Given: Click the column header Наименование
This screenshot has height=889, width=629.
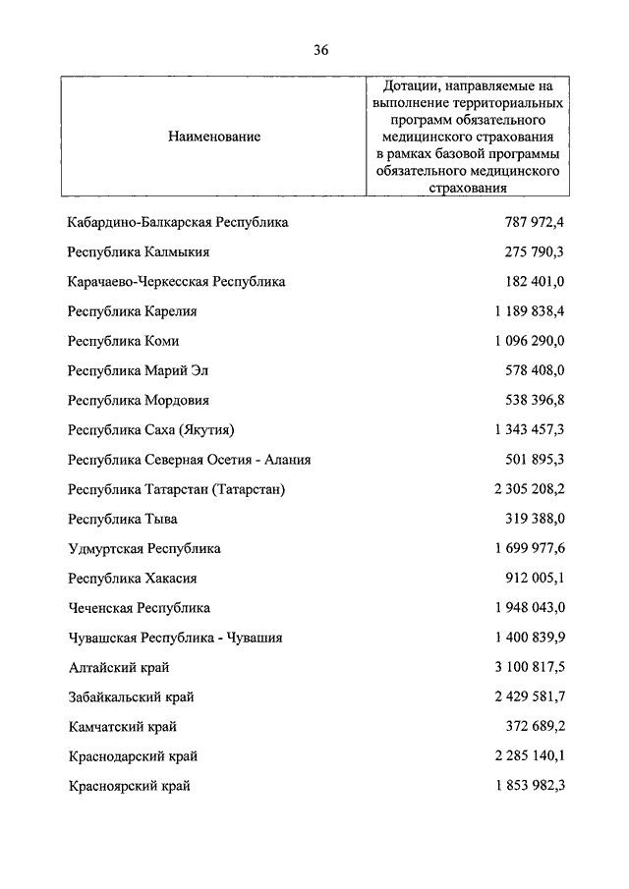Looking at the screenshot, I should pyautogui.click(x=214, y=137).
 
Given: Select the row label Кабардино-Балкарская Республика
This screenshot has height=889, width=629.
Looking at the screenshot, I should pyautogui.click(x=178, y=223).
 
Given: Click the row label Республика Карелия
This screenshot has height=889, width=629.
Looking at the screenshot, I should pyautogui.click(x=133, y=311).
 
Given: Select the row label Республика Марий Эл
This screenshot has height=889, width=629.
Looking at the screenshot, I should pyautogui.click(x=139, y=371).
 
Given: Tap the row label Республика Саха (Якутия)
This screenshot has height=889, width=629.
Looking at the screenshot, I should pyautogui.click(x=152, y=430).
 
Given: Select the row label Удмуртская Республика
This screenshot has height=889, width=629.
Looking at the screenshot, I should pyautogui.click(x=144, y=548).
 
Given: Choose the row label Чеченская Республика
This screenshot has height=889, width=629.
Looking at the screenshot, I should pyautogui.click(x=140, y=608).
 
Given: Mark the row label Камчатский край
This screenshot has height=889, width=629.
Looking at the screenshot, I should pyautogui.click(x=123, y=727).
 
